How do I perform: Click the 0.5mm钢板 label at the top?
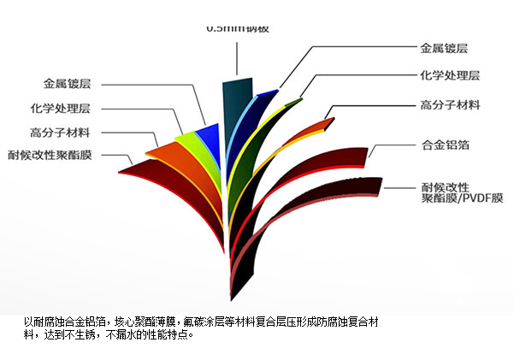237,28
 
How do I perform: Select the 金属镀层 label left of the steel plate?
67,85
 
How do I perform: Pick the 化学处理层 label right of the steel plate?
450,76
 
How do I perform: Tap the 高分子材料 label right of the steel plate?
450,105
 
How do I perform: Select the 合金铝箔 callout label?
444,145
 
